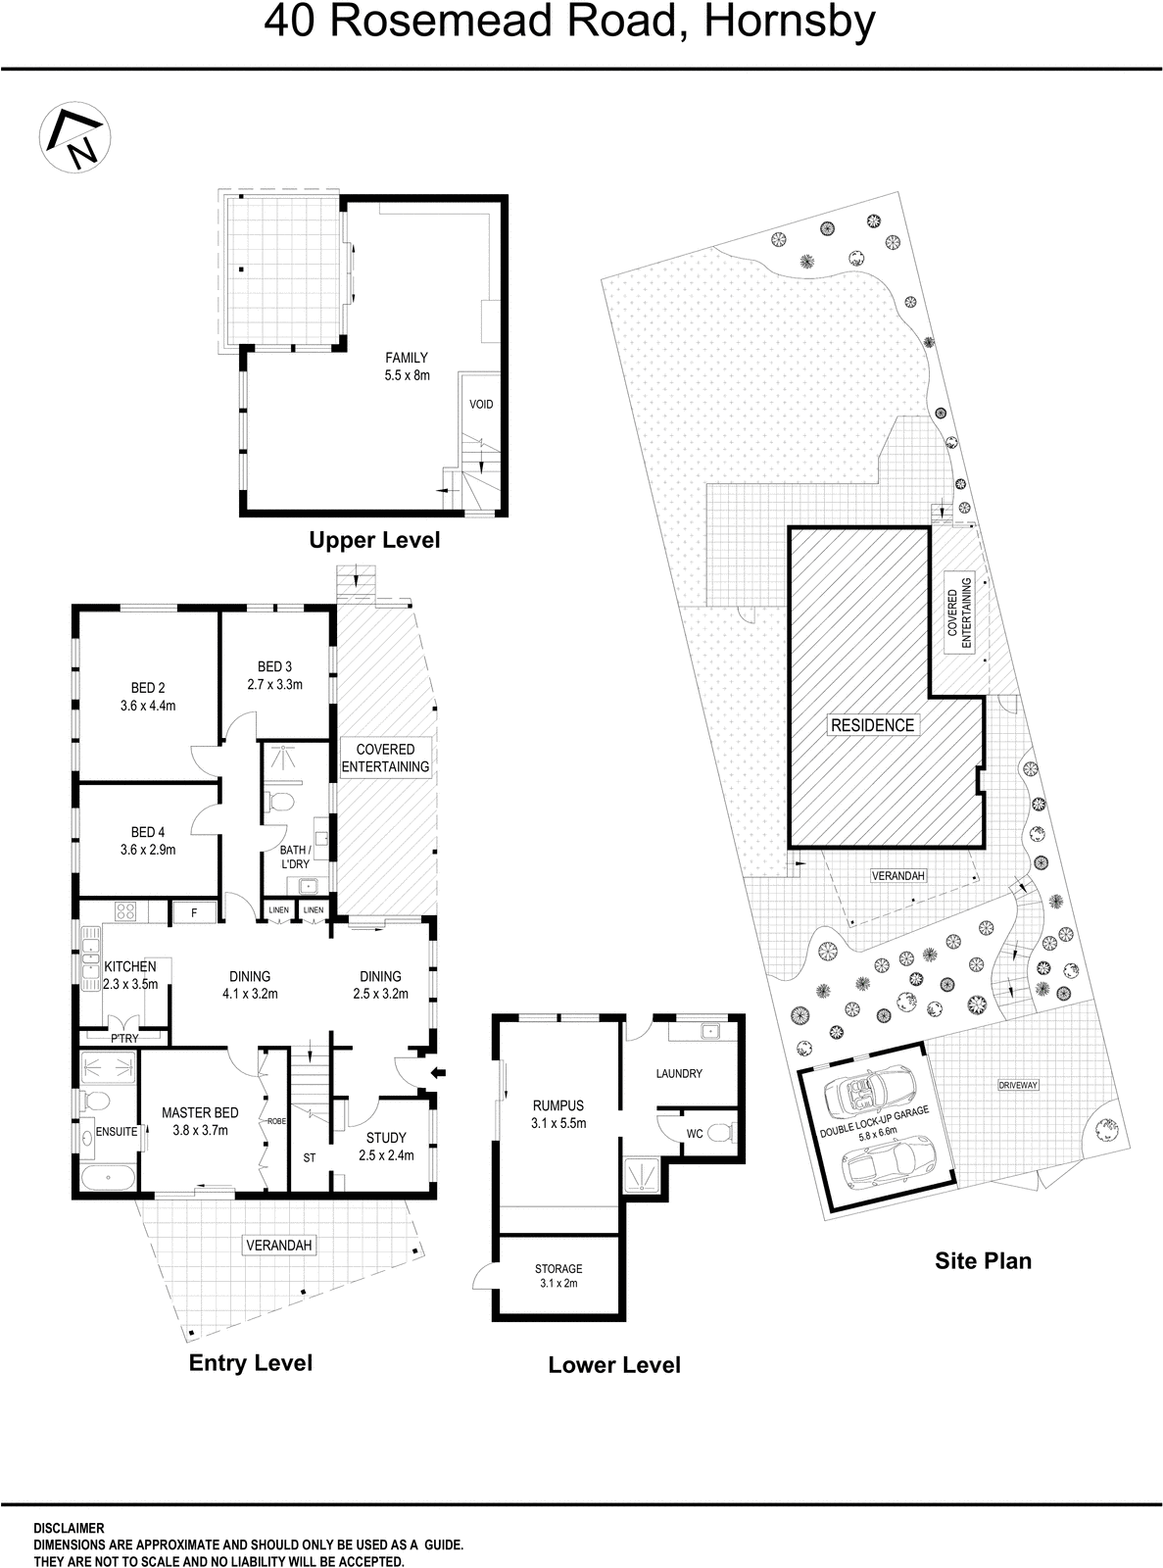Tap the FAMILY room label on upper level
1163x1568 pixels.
(406, 358)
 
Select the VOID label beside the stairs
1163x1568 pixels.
(481, 404)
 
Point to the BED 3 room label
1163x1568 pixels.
(274, 667)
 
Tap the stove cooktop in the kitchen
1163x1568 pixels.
(125, 911)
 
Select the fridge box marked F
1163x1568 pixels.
(194, 912)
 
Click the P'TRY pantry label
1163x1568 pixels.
(124, 1038)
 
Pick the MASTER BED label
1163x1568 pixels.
(200, 1112)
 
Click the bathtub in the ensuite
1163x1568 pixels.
(107, 1178)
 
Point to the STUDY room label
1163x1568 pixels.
(386, 1138)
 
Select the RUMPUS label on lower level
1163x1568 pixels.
(557, 1105)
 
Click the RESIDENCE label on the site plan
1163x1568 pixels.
(871, 725)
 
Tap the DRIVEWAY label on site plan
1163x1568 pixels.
(1018, 1086)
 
